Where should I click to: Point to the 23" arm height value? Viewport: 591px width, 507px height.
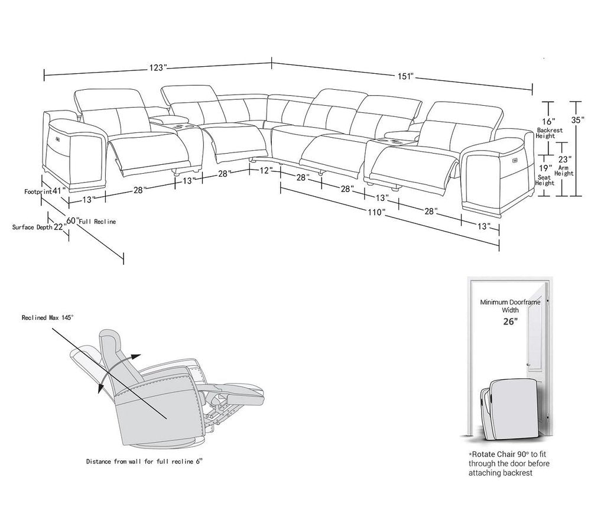pyautogui.click(x=564, y=159)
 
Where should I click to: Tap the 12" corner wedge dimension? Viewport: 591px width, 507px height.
pyautogui.click(x=265, y=170)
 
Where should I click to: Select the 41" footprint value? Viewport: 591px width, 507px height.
pyautogui.click(x=57, y=191)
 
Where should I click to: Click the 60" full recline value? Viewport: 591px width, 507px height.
pyautogui.click(x=72, y=220)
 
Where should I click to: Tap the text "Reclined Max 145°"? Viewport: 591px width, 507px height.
pyautogui.click(x=47, y=317)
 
